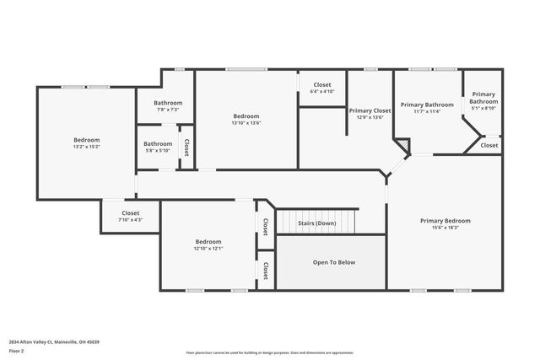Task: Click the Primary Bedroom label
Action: point(445,221)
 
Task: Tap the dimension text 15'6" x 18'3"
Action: point(445,228)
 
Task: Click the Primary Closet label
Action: point(370,110)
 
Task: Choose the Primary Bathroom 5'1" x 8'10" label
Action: point(483,100)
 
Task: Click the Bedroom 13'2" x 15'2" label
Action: point(86,142)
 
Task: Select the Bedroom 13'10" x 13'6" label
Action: point(246,119)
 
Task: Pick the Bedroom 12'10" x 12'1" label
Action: point(208,244)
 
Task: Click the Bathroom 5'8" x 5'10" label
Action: point(158,147)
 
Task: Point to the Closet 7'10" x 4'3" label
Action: point(130,216)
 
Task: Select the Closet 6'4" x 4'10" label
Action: point(322,88)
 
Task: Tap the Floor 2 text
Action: point(16,350)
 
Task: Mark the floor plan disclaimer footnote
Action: point(269,352)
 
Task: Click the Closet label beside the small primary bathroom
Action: point(489,145)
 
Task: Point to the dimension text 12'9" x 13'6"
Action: point(370,117)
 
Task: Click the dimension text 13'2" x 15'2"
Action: point(86,147)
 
